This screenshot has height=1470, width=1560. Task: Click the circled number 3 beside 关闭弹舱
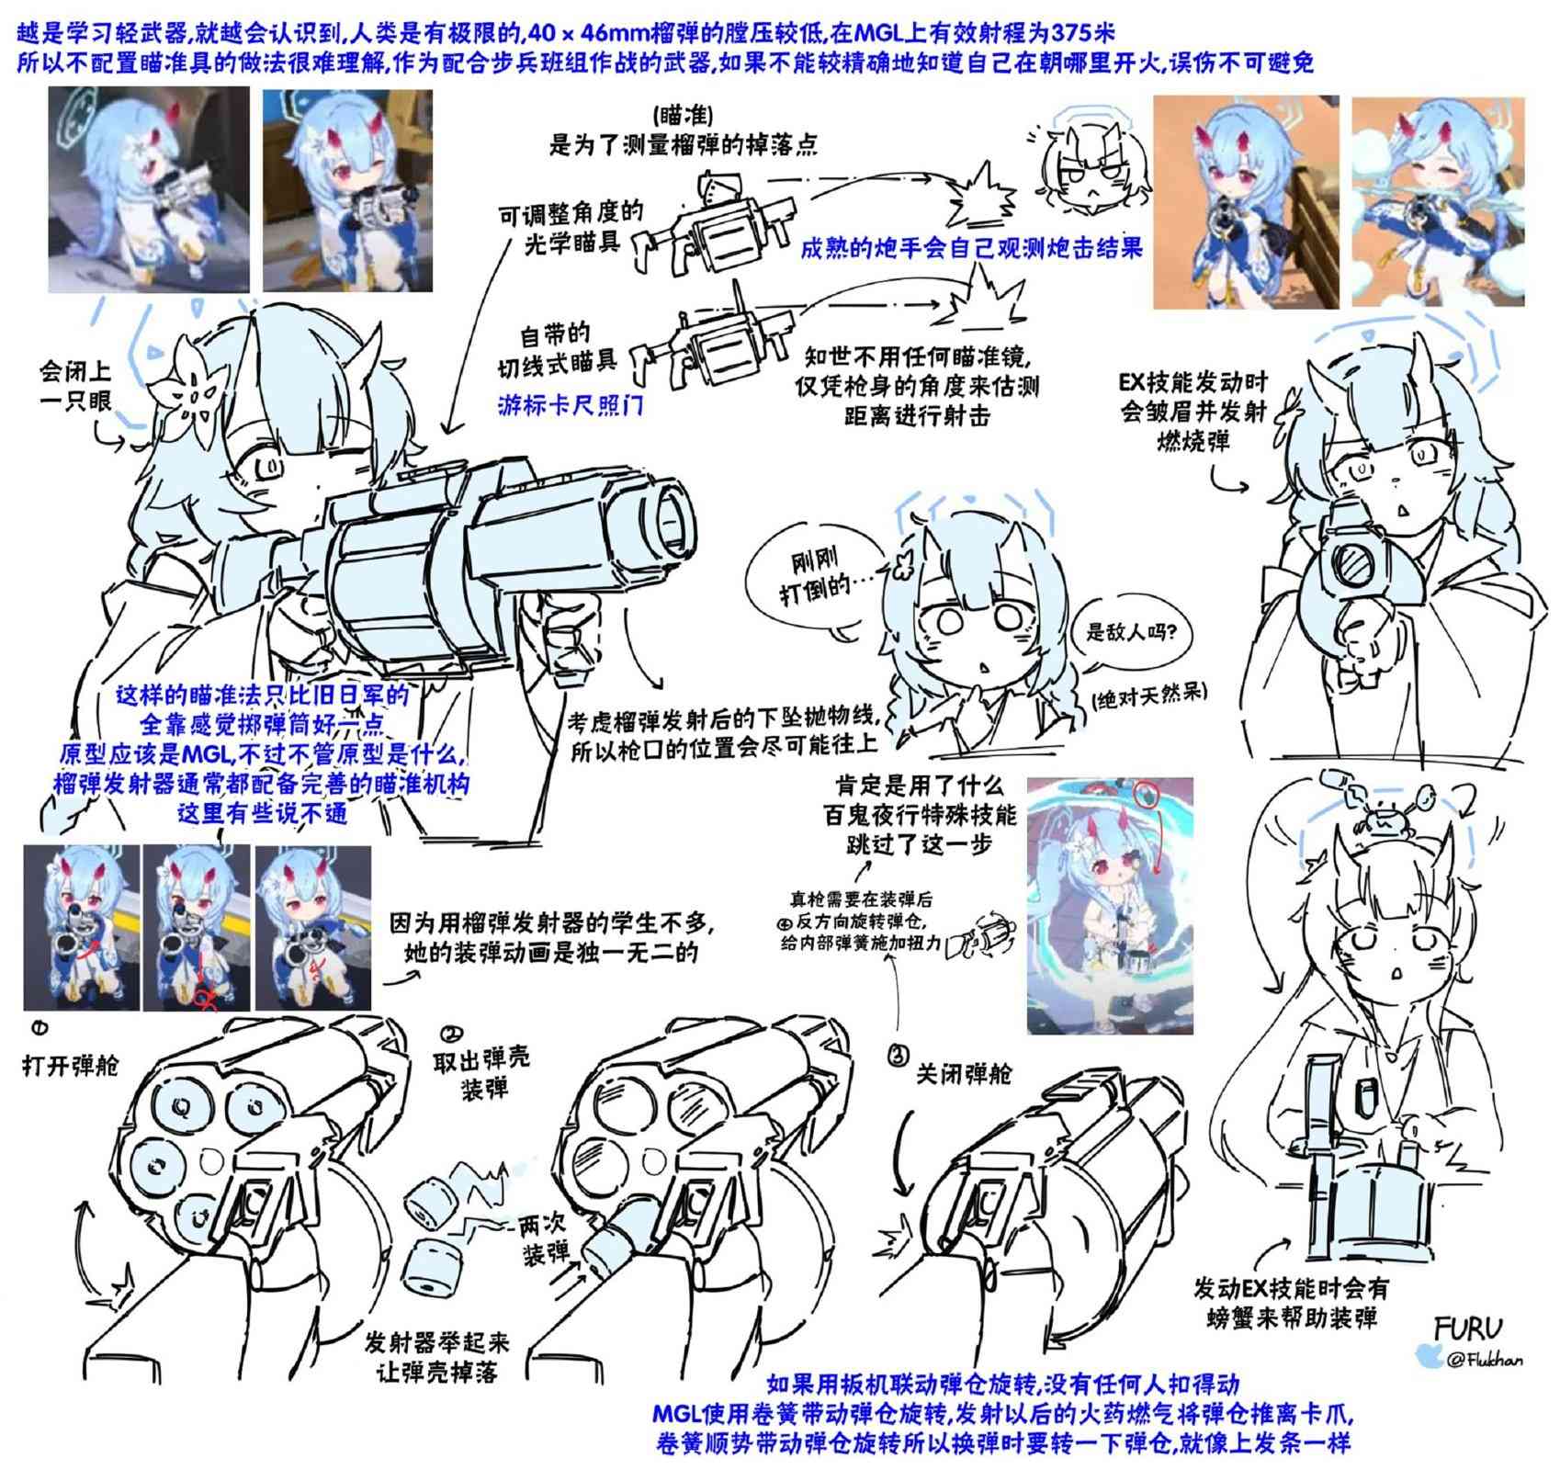pos(898,1057)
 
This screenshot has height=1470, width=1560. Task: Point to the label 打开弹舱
pos(71,1066)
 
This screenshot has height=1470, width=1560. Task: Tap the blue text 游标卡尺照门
pos(571,405)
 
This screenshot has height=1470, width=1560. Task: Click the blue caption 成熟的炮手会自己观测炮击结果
pos(970,248)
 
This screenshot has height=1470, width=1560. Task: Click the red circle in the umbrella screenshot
pos(1147,796)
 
